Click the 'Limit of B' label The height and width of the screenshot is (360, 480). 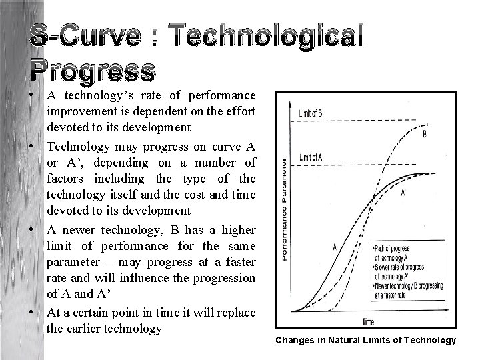[310, 115]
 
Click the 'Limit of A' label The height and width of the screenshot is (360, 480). [310, 157]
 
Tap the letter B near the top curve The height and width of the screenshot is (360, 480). [425, 134]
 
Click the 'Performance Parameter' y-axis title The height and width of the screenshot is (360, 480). [285, 209]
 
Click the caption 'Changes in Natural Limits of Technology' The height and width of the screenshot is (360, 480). [366, 341]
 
